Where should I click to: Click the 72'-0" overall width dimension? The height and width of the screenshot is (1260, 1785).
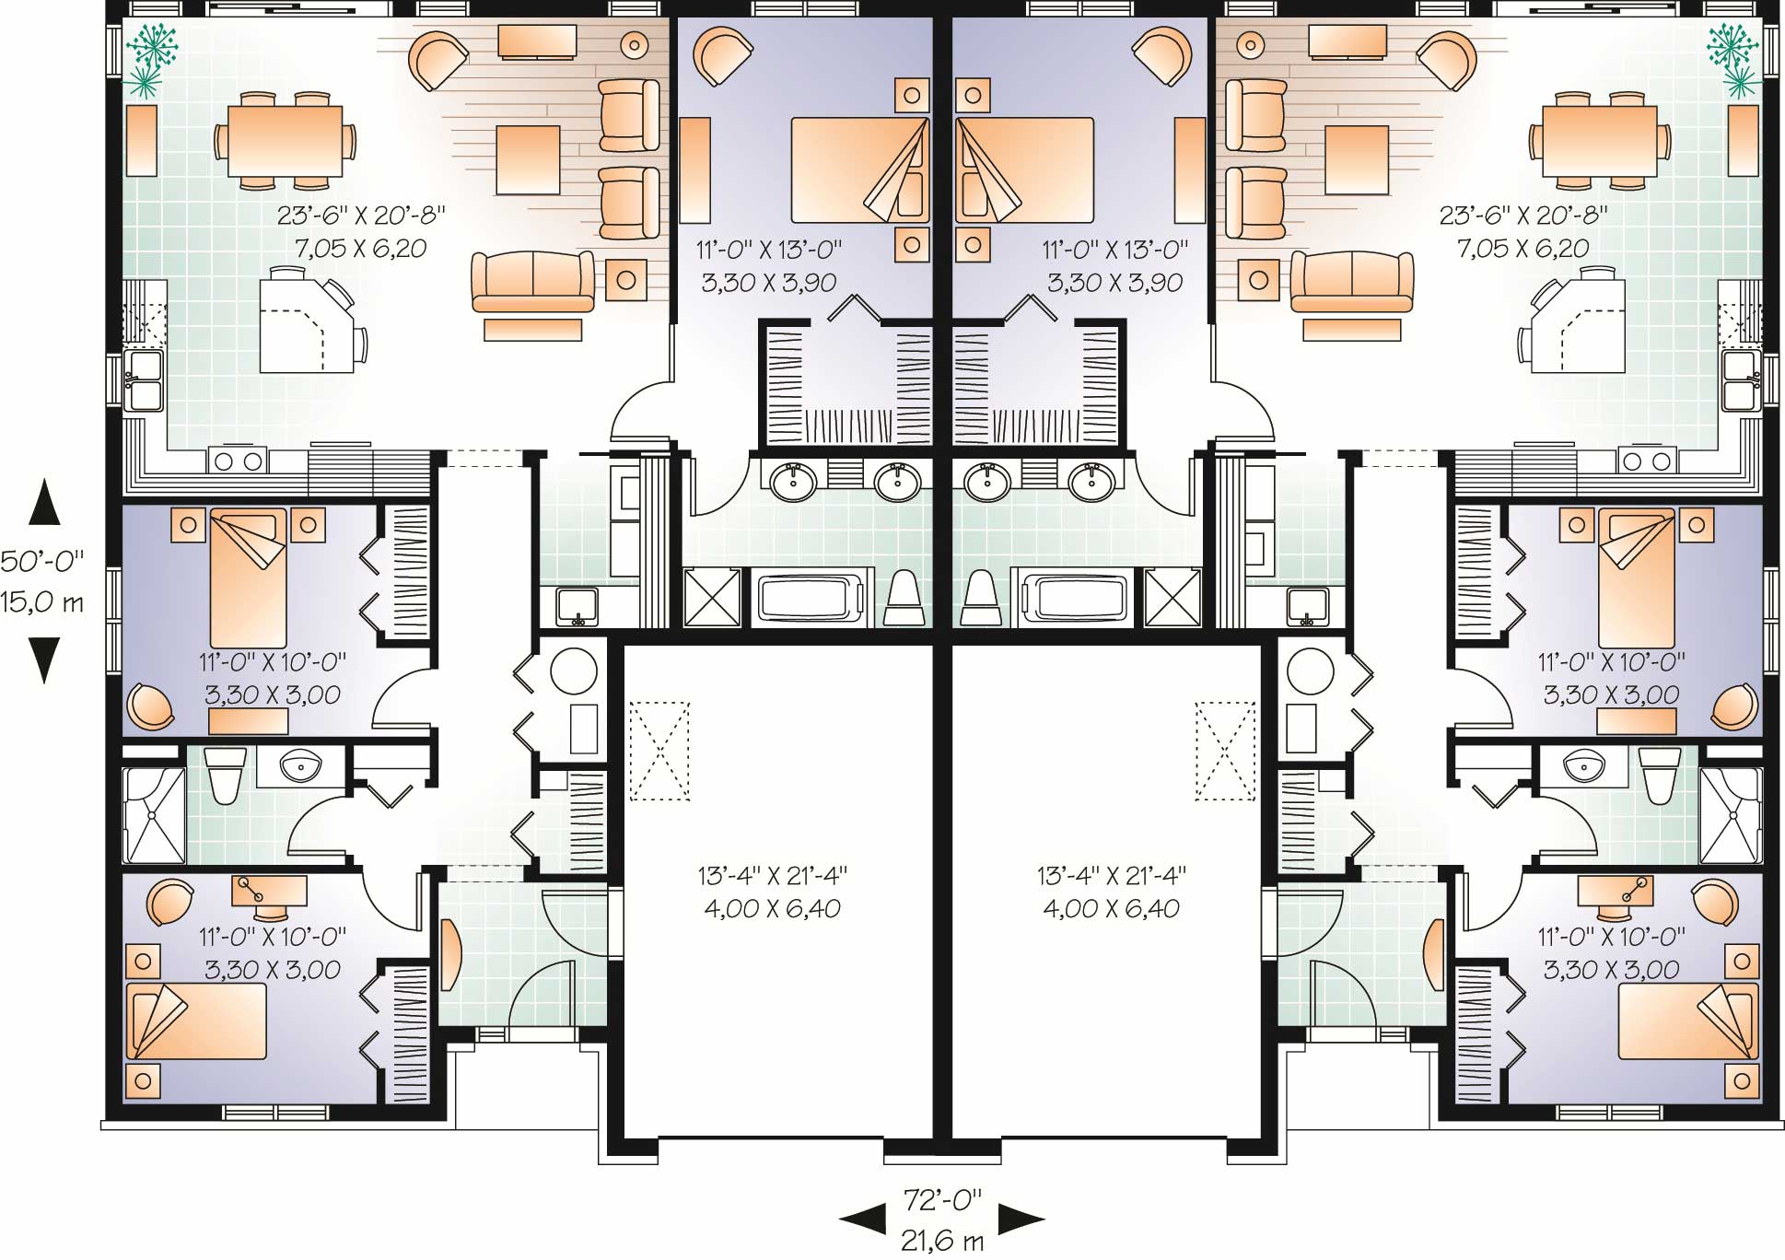pyautogui.click(x=941, y=1199)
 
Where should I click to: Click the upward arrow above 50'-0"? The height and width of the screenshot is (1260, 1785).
pyautogui.click(x=43, y=502)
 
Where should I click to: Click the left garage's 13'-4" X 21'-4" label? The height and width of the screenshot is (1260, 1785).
pyautogui.click(x=772, y=874)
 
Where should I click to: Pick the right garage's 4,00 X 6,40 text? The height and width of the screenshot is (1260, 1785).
pyautogui.click(x=1111, y=909)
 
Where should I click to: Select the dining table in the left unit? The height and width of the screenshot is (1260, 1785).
pyautogui.click(x=285, y=141)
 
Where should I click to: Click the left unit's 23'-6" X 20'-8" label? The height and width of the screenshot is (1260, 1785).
pyautogui.click(x=361, y=216)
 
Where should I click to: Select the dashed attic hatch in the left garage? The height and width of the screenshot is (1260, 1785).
pyautogui.click(x=659, y=751)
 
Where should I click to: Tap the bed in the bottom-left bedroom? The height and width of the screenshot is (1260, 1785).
pyautogui.click(x=196, y=1021)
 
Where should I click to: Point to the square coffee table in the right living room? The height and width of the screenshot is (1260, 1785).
pyautogui.click(x=1357, y=159)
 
